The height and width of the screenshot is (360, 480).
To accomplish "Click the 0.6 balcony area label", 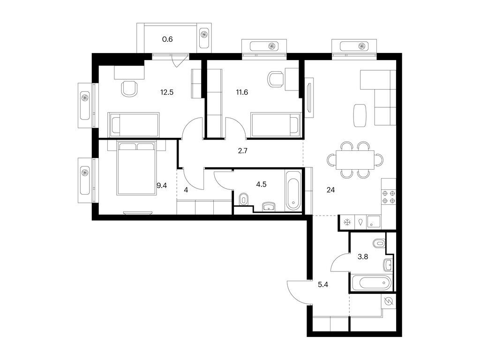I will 167,39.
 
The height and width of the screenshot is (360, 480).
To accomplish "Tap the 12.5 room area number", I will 167,92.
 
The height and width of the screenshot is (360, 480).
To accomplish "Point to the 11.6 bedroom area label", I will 242,92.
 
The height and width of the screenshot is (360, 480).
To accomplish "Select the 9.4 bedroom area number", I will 162,186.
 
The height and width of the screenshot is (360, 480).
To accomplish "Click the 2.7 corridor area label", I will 242,151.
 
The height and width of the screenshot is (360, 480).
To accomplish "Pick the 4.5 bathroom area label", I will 262,184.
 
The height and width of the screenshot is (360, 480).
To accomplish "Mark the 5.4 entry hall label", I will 322,284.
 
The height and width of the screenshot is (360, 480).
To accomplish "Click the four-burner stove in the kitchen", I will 389,197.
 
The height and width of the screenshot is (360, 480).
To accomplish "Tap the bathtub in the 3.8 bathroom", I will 370,283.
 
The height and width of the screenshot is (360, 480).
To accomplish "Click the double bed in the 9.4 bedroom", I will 136,168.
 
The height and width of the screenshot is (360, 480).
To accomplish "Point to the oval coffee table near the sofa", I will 359,115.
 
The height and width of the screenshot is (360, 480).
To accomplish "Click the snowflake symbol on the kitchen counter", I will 347,223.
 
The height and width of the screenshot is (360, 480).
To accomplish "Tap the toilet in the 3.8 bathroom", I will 379,243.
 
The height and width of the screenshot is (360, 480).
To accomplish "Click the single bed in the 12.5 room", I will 134,124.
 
